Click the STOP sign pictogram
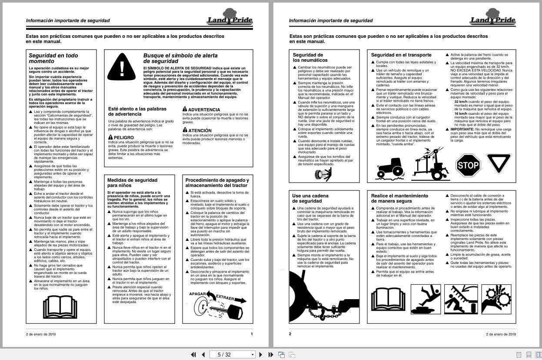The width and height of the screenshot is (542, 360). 468,165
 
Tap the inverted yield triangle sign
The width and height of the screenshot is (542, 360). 499,163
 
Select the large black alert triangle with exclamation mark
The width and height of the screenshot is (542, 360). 122,67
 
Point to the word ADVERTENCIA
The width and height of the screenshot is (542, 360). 204,110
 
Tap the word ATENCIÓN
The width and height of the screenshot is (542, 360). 200,130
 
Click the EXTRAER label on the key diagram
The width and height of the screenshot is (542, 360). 225,298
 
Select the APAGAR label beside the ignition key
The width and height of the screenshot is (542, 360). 197,294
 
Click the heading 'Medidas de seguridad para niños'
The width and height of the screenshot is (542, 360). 132,183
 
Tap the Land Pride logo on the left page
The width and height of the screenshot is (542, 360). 229,18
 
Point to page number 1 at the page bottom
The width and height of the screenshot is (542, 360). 252,334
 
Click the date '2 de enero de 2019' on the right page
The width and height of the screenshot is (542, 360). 501,334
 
